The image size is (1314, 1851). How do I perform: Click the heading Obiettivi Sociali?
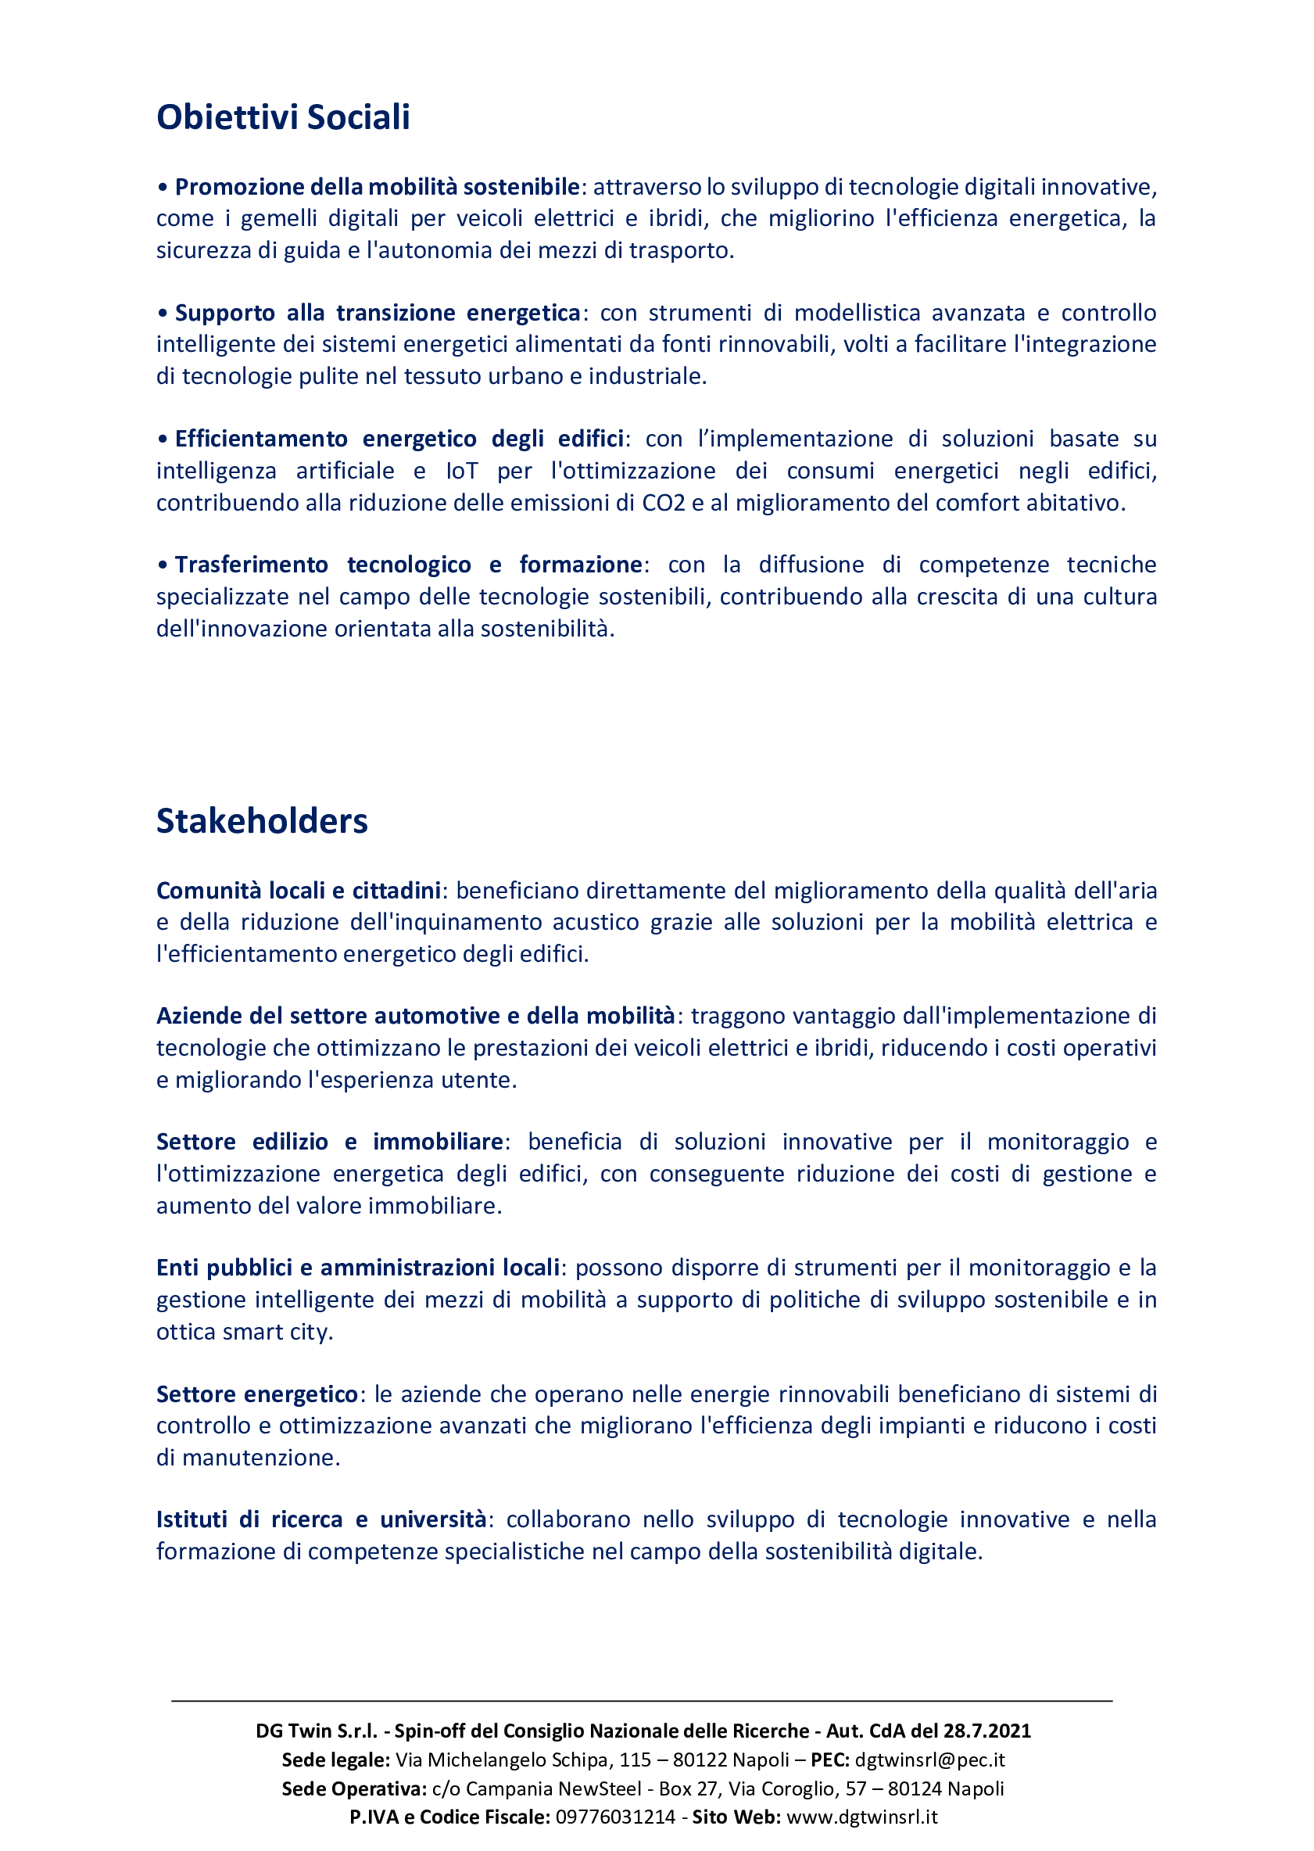click(x=283, y=117)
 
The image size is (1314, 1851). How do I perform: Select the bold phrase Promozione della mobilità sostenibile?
click(x=377, y=187)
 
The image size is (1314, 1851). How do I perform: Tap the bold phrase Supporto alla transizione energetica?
click(x=377, y=313)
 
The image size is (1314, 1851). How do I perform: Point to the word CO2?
click(x=664, y=503)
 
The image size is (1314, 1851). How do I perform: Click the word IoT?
click(x=461, y=470)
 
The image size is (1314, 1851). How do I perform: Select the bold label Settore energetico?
click(x=256, y=1394)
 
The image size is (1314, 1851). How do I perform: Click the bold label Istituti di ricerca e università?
click(x=320, y=1519)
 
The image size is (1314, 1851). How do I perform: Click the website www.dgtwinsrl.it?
click(x=861, y=1817)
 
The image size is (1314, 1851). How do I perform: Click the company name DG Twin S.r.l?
click(x=317, y=1731)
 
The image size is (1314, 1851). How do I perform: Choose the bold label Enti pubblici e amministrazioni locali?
click(x=358, y=1268)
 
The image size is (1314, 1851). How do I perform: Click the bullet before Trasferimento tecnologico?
click(x=163, y=565)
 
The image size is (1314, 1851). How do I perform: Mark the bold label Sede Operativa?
click(x=354, y=1788)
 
